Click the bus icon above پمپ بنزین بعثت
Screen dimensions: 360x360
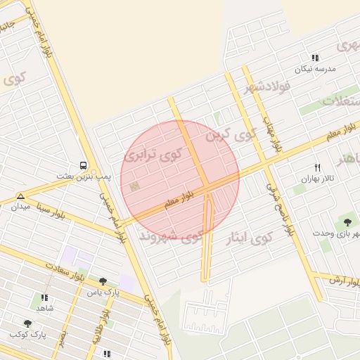(84, 165)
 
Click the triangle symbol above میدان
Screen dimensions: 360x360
(20, 196)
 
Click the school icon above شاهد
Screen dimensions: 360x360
(45, 297)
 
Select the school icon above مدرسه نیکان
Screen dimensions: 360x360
(316, 58)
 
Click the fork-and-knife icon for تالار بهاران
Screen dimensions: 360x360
(317, 167)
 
